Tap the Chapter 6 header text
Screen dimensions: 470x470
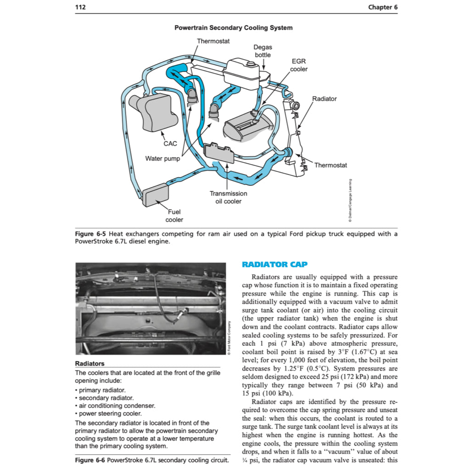(383, 7)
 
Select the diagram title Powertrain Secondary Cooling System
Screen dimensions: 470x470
(233, 28)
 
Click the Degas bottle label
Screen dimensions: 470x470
(263, 51)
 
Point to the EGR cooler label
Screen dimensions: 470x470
(298, 65)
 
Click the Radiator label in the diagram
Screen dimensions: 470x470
(324, 99)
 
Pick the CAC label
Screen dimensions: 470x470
(170, 144)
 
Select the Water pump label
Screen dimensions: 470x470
(162, 159)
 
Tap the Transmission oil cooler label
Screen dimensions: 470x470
(228, 197)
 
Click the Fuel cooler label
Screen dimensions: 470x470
(174, 216)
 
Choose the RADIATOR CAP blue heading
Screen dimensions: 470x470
(274, 264)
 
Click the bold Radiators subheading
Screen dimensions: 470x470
(90, 364)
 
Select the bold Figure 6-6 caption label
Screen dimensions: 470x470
(90, 460)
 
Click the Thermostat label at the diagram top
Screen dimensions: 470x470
(213, 41)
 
